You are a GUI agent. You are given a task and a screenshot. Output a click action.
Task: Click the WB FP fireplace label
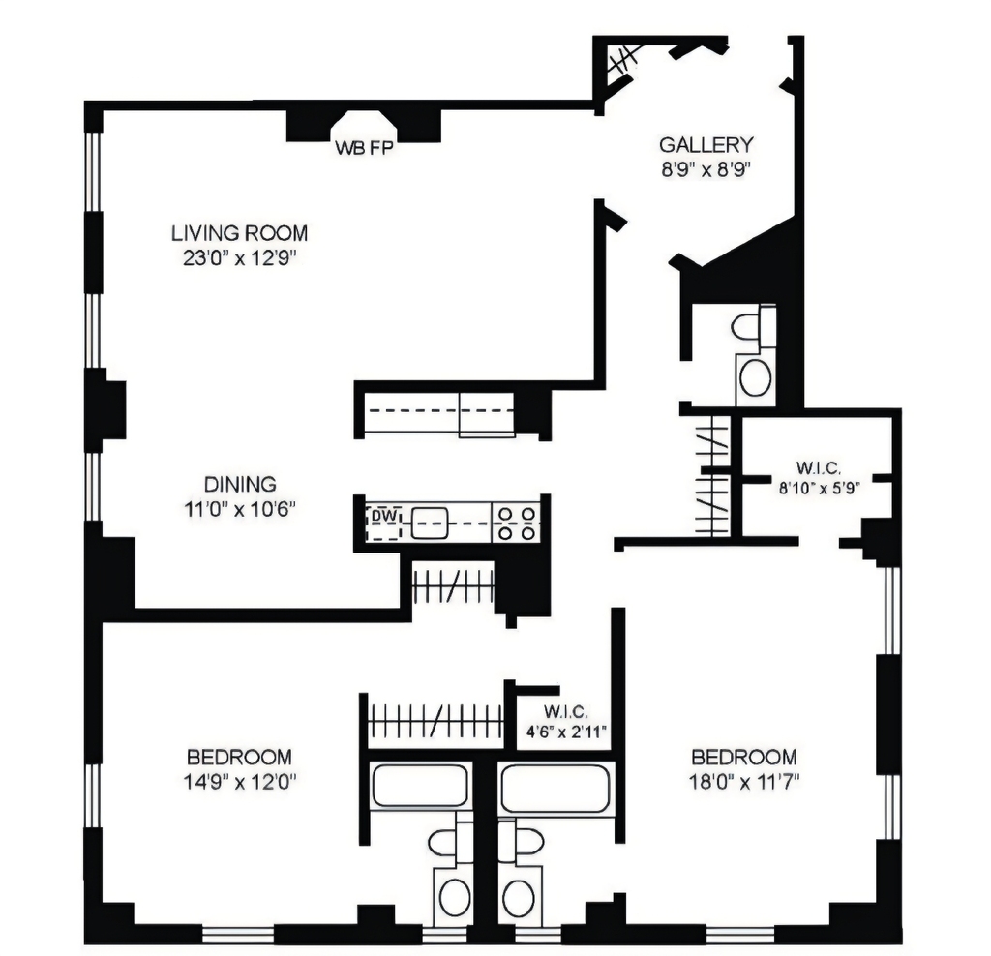pos(364,148)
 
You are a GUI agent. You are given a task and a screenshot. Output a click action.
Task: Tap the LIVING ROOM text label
pos(240,233)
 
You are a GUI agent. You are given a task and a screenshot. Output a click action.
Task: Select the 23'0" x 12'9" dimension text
pos(240,258)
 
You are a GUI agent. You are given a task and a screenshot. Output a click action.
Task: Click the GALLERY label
pos(706,145)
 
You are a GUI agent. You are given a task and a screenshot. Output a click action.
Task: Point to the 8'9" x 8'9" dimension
pos(706,169)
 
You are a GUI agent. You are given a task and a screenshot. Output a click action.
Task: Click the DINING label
pos(240,484)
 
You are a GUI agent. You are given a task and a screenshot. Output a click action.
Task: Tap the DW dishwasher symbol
pos(383,523)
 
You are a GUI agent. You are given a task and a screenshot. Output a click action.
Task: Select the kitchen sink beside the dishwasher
pos(430,523)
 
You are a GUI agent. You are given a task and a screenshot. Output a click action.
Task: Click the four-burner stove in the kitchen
pos(517,523)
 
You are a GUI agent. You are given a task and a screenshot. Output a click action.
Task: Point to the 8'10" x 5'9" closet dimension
pos(820,489)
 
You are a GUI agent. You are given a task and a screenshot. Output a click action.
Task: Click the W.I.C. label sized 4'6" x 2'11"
pos(566,712)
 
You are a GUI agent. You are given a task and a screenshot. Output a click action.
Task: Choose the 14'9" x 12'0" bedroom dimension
pos(240,782)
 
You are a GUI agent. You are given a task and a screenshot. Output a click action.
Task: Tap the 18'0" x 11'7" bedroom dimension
pos(744,782)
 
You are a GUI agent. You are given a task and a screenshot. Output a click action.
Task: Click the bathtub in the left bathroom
pos(420,786)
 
